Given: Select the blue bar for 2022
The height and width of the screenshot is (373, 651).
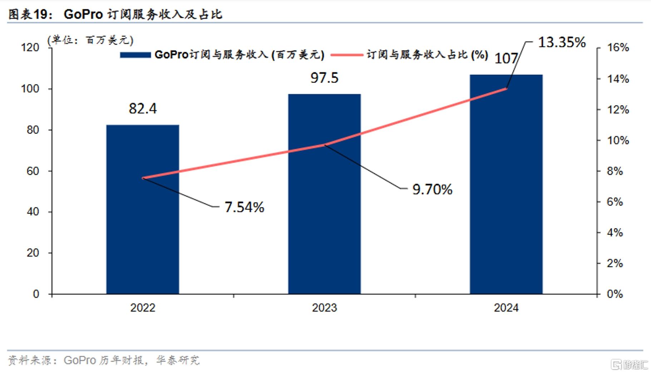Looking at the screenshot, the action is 143,209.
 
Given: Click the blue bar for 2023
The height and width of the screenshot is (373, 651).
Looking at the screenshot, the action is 324,194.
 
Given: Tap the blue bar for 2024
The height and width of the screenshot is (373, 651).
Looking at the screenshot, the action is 506,184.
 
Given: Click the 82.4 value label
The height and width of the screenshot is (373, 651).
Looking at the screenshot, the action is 143,108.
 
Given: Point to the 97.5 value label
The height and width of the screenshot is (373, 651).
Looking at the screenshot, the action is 324,78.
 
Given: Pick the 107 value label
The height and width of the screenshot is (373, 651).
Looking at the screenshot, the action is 506,58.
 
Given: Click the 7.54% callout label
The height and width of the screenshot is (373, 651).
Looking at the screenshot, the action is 245,207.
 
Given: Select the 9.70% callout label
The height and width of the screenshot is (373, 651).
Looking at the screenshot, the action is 432,189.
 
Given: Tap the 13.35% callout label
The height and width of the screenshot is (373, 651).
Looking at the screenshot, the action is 562,42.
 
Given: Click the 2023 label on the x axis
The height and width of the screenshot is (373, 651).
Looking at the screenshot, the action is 324,308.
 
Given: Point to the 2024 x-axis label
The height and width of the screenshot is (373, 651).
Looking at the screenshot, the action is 506,308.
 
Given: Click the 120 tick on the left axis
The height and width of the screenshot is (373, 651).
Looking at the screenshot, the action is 30,47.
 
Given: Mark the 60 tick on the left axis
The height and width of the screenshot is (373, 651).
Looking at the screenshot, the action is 33,171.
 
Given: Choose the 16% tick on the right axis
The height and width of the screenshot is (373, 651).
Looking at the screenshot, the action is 618,47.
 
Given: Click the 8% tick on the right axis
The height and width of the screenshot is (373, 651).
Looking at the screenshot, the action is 615,171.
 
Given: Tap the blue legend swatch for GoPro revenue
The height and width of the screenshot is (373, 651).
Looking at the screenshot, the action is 135,55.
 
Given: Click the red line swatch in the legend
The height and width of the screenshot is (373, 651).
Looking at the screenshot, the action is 347,55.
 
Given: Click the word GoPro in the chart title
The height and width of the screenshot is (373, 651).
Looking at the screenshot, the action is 83,14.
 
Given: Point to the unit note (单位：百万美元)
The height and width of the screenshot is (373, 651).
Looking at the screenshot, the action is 90,40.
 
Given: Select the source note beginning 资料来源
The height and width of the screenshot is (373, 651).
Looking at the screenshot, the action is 103,360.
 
